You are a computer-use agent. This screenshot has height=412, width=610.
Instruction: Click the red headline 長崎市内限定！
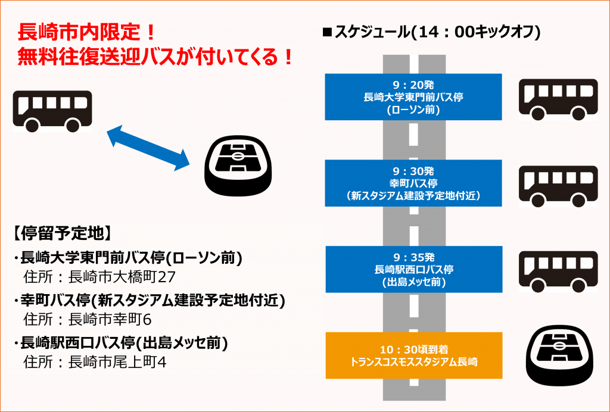87,32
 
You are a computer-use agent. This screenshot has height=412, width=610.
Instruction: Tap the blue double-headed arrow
148,148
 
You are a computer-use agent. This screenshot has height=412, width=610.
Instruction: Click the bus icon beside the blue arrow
52,111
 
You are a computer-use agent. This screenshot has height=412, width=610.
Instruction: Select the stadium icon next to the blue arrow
238,165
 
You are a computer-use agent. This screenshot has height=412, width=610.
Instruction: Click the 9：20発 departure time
413,85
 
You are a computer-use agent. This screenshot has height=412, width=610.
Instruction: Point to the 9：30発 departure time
413,171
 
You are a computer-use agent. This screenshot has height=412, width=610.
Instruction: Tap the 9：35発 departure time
413,258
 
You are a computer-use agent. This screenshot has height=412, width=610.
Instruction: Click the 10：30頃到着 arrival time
414,349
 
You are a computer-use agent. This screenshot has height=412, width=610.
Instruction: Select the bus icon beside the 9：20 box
558,99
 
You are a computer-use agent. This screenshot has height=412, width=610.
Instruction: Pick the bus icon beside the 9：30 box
558,186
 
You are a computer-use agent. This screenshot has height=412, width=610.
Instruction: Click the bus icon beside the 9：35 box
558,271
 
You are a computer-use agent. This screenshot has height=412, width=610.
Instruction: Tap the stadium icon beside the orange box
559,355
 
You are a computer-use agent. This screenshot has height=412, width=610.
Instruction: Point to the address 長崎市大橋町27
122,277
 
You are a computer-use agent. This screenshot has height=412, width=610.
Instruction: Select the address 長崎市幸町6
110,320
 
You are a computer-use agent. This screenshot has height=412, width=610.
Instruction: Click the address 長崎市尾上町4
117,362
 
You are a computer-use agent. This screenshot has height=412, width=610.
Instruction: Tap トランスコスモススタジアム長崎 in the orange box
414,362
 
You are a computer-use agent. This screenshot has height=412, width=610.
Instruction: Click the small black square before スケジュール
327,32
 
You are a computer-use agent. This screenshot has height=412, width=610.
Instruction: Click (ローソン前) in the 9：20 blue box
413,110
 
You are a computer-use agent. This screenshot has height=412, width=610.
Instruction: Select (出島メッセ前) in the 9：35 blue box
413,282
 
